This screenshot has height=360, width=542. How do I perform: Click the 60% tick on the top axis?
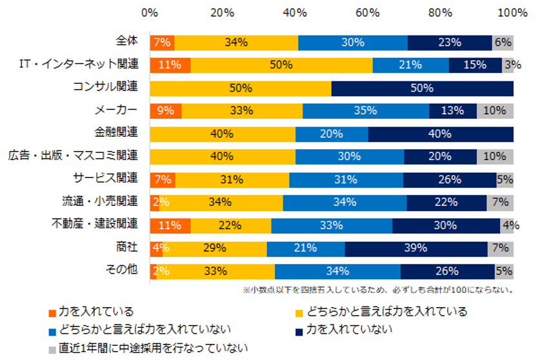[x=368, y=12]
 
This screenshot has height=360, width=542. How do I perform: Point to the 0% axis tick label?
[x=150, y=12]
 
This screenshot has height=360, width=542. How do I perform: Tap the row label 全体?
[x=127, y=41]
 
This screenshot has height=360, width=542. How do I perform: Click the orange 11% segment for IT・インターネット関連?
[x=170, y=65]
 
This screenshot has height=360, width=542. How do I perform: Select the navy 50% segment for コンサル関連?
[x=423, y=88]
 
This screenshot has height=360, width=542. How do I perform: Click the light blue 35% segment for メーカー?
[x=366, y=110]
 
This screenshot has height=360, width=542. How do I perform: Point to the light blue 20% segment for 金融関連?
[x=332, y=134]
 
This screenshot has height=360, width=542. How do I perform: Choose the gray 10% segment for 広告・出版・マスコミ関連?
[x=495, y=156]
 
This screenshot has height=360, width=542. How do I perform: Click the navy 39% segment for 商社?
[x=416, y=248]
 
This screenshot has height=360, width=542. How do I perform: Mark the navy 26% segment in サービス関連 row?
[x=450, y=179]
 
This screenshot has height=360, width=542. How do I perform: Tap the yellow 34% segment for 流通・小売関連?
[x=221, y=202]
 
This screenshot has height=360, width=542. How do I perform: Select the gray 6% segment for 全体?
[x=503, y=42]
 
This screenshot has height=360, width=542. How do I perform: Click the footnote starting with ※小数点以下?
[x=377, y=290]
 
